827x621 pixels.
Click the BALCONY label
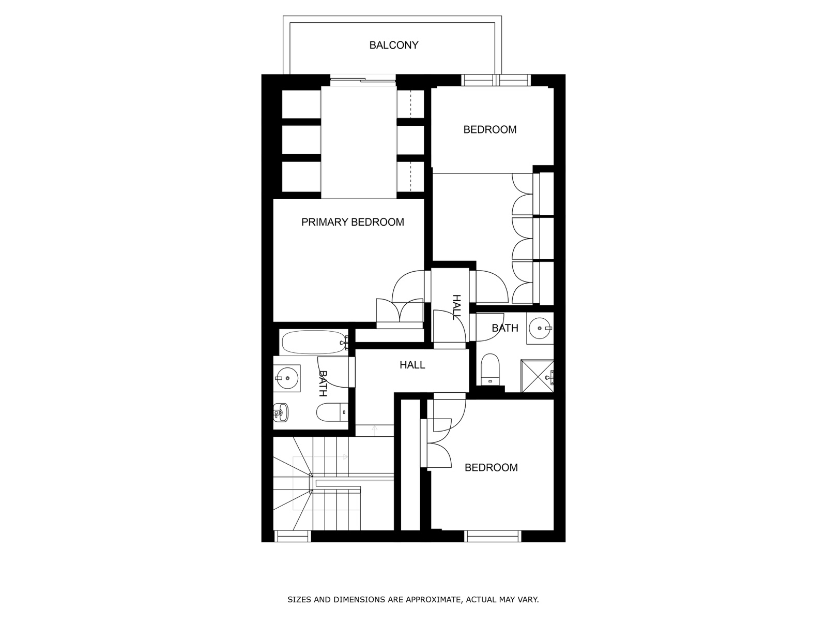click(x=394, y=45)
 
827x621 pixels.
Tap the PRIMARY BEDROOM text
click(x=353, y=222)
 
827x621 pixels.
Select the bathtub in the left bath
click(x=314, y=343)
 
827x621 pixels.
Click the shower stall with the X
click(x=537, y=376)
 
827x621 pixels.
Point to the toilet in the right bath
click(x=490, y=369)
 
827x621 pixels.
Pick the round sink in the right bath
click(x=540, y=328)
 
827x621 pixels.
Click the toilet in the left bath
click(x=332, y=412)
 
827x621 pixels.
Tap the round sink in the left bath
click(x=287, y=378)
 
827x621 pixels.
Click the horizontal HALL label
click(x=412, y=365)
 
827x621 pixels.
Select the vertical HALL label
click(x=456, y=307)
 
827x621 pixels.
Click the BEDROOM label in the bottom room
click(x=491, y=467)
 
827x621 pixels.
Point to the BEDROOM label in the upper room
click(x=490, y=130)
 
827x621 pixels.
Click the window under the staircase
click(x=293, y=536)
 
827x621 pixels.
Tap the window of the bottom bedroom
click(x=493, y=536)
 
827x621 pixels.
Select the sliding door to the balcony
click(x=363, y=80)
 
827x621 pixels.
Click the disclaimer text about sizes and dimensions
click(x=413, y=599)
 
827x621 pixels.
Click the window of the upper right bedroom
click(x=496, y=80)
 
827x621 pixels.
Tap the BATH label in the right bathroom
click(x=505, y=328)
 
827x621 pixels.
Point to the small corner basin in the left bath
click(x=281, y=412)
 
